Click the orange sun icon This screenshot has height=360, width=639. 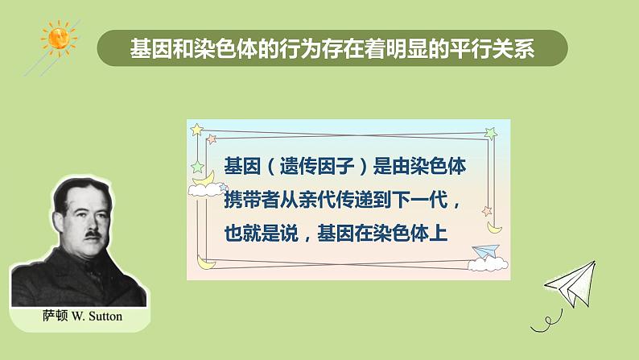[x=60, y=38]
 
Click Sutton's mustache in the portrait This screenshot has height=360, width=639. [x=93, y=234]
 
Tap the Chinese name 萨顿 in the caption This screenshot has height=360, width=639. [x=55, y=316]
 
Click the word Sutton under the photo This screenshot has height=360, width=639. [x=105, y=317]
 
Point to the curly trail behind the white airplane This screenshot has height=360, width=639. [x=547, y=321]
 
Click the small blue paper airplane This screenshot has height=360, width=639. [x=487, y=250]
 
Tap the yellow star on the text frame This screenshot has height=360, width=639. [x=197, y=130]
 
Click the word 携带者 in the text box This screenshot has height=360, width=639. [x=252, y=200]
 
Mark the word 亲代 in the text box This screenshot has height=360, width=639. [x=317, y=200]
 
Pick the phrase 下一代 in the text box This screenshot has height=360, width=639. [x=420, y=200]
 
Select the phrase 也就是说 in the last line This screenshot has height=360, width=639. [x=262, y=234]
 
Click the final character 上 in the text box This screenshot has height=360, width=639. [x=439, y=234]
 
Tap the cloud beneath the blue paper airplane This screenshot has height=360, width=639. [x=488, y=264]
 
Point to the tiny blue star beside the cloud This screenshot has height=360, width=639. [x=223, y=187]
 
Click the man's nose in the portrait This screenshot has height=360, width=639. [x=91, y=222]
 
